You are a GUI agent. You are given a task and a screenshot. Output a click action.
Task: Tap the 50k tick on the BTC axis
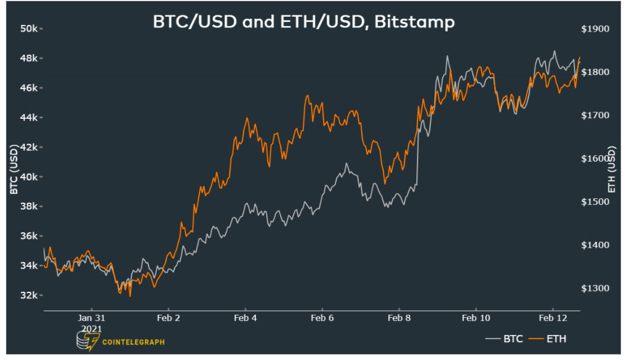point(29,29)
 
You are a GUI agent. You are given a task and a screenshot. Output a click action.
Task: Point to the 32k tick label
point(29,295)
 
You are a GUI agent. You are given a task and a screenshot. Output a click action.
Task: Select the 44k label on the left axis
point(29,118)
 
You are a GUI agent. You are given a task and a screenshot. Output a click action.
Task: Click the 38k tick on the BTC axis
point(29,207)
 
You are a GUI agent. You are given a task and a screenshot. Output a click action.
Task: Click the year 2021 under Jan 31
point(91,328)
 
